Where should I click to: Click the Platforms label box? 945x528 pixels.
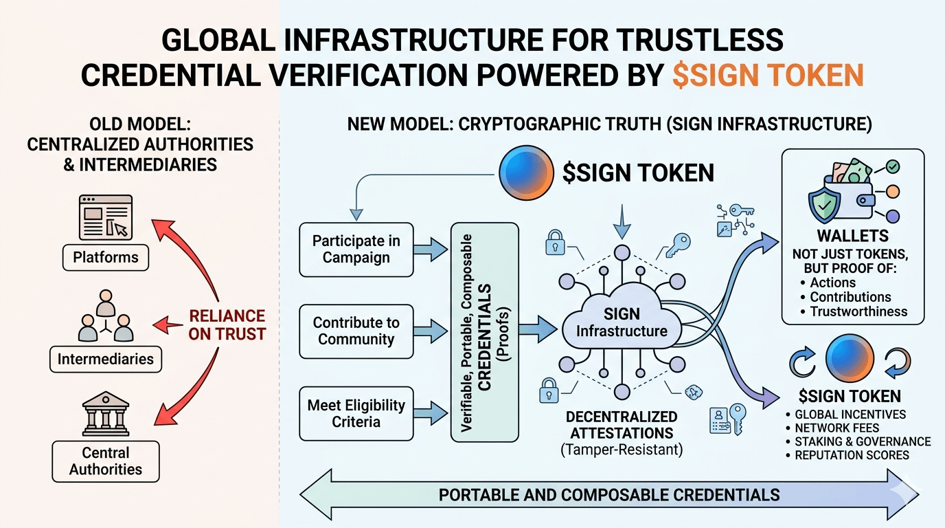(x=106, y=258)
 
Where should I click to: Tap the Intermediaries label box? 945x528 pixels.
(x=105, y=359)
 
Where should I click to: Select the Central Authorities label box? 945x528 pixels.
(x=106, y=461)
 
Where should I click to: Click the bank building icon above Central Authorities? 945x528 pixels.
(x=105, y=415)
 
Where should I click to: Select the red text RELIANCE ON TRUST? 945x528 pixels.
(x=227, y=325)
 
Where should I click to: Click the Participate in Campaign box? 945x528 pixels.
(x=356, y=250)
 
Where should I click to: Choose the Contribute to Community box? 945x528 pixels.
(x=356, y=331)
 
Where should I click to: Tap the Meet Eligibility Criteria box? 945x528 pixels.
(x=356, y=413)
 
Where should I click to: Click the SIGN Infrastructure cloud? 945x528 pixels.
(x=621, y=324)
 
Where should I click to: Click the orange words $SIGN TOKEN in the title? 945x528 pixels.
(x=767, y=74)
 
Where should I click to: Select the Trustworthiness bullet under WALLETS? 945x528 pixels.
(x=858, y=311)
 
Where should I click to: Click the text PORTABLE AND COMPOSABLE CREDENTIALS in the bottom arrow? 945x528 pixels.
(x=609, y=494)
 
